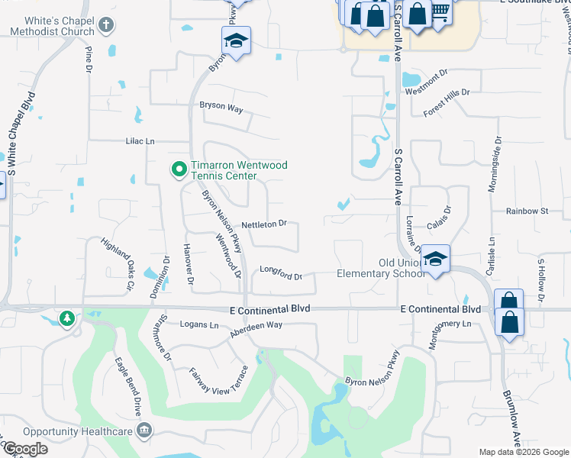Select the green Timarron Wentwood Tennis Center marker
(179, 169)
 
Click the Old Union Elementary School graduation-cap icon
(435, 260)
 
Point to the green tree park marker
(68, 318)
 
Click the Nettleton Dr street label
(263, 224)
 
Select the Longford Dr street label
(281, 271)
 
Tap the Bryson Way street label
(221, 108)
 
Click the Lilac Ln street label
(140, 141)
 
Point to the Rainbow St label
(527, 211)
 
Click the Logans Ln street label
(198, 324)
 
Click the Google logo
(25, 449)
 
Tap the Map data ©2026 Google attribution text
(523, 452)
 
